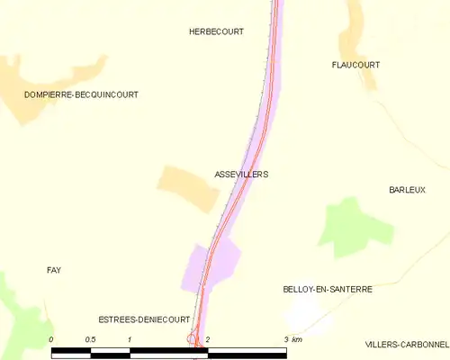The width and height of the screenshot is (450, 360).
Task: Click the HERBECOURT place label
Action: (216, 31)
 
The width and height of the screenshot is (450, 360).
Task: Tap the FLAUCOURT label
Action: (355, 65)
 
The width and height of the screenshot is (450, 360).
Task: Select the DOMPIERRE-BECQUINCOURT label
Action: (82, 94)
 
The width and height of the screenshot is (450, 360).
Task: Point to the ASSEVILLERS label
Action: (241, 174)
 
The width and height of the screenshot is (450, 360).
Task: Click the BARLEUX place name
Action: (407, 190)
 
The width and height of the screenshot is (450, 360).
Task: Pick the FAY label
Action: (54, 270)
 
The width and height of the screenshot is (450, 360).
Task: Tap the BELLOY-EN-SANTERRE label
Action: (327, 290)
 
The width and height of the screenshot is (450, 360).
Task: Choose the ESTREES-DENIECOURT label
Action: (144, 319)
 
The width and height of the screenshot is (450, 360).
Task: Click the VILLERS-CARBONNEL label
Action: (407, 344)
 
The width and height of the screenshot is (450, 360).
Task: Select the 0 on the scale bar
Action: (52, 338)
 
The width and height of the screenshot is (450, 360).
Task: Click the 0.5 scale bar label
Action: (90, 338)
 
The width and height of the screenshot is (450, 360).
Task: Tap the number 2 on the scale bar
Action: (208, 338)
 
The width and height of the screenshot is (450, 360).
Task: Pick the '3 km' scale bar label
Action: (292, 338)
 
